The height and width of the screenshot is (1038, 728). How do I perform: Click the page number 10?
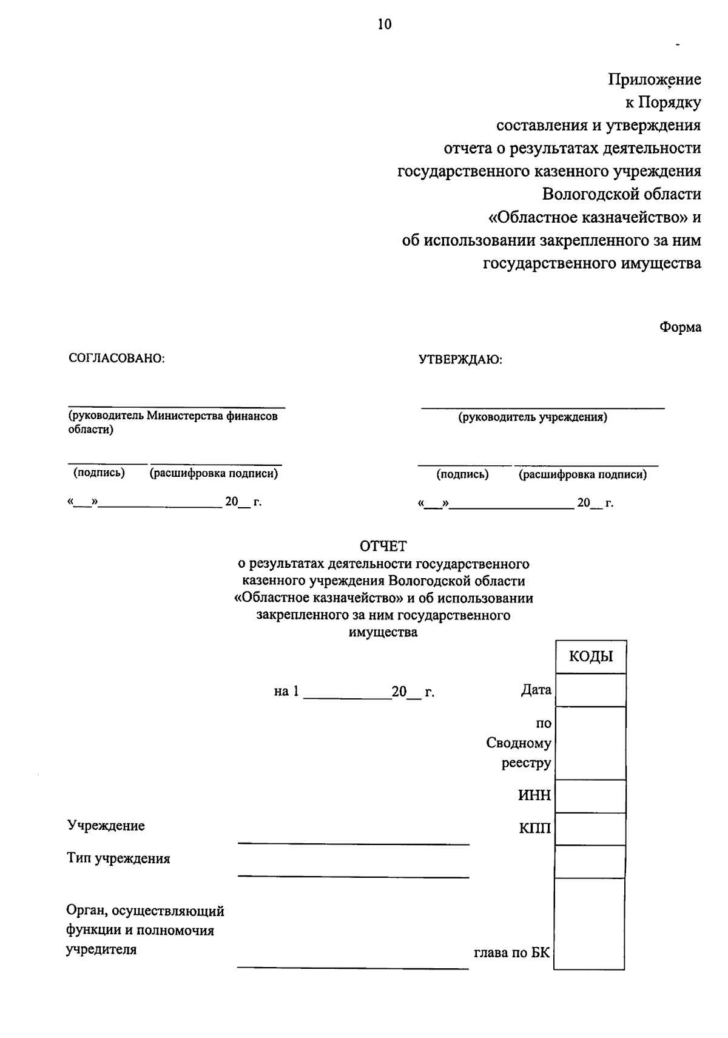(x=385, y=24)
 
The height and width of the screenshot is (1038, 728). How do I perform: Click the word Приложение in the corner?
(x=655, y=79)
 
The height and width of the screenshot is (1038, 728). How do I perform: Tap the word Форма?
(x=680, y=328)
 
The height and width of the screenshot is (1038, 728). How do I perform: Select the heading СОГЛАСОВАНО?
(x=118, y=359)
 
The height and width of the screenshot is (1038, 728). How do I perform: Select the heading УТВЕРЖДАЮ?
(x=460, y=360)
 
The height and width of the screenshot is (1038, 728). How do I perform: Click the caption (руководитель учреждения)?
(x=533, y=417)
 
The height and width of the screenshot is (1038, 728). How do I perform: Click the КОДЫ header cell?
(x=590, y=656)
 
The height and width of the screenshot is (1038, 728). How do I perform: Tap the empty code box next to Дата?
(x=590, y=690)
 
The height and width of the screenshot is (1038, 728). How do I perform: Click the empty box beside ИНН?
(x=590, y=795)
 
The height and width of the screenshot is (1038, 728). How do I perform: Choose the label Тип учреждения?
(x=118, y=858)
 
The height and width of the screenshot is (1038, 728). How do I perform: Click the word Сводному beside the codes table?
(x=518, y=743)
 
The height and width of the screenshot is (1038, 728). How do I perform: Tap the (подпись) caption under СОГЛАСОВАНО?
(x=99, y=473)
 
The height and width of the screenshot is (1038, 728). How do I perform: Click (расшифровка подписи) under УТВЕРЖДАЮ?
(x=582, y=475)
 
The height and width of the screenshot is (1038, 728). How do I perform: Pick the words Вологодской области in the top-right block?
(x=621, y=194)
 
